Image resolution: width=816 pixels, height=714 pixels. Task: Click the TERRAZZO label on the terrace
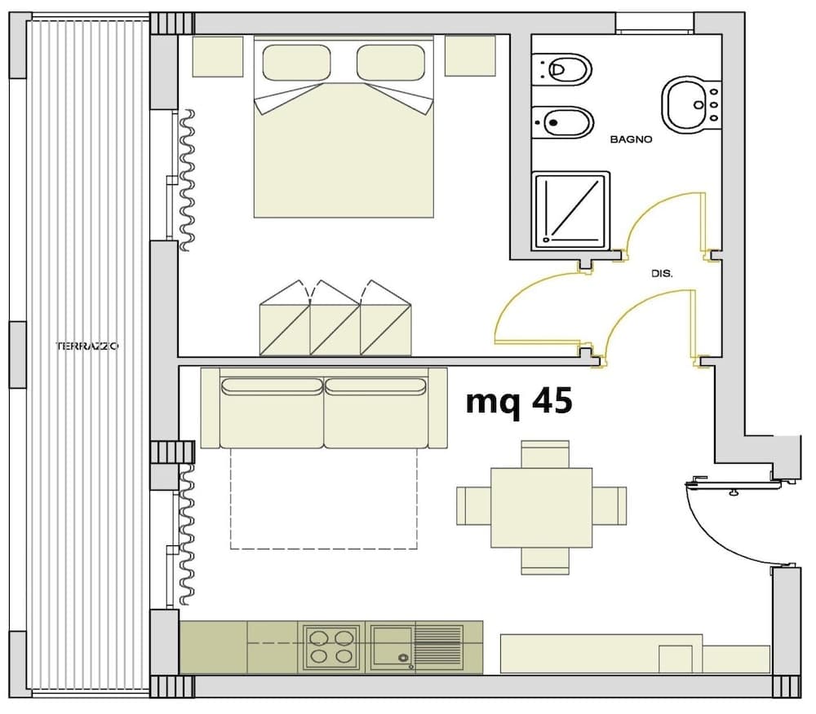coord(87,346)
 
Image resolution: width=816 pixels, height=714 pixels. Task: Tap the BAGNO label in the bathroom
coord(631,139)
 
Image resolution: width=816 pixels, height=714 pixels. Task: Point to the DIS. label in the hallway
coord(662,275)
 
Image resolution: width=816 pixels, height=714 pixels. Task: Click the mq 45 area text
coord(518,401)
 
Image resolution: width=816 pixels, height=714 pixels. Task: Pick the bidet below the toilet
coord(561,122)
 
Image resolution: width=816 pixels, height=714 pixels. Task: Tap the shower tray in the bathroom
coord(570,210)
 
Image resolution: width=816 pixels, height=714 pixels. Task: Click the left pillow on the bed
coord(296,62)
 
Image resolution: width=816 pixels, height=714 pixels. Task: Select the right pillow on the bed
coord(391,62)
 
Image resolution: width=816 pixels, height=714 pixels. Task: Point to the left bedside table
coord(217,56)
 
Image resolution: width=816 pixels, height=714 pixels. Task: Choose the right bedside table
coord(470,56)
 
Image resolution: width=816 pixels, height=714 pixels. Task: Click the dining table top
coord(541,507)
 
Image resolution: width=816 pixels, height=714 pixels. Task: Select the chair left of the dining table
coord(472,505)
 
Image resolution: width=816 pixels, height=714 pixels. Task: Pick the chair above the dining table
coord(544,454)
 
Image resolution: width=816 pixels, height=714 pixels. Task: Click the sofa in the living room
coord(324,408)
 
